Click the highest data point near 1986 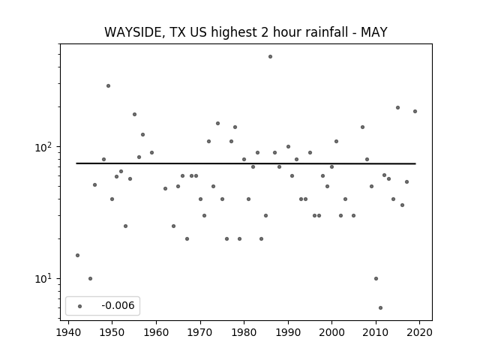[270, 57]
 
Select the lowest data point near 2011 [380, 308]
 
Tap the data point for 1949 [108, 86]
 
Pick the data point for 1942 [77, 255]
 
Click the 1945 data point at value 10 [90, 278]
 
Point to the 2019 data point [415, 112]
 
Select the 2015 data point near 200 [398, 108]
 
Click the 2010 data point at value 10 [376, 278]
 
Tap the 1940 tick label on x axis [68, 332]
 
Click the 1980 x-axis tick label [244, 332]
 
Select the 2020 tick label [420, 332]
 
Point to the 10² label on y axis [43, 147]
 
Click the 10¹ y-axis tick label [43, 279]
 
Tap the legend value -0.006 [118, 305]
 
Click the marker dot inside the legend [80, 306]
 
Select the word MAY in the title [374, 31]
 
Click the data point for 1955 [135, 115]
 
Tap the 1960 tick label [156, 332]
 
